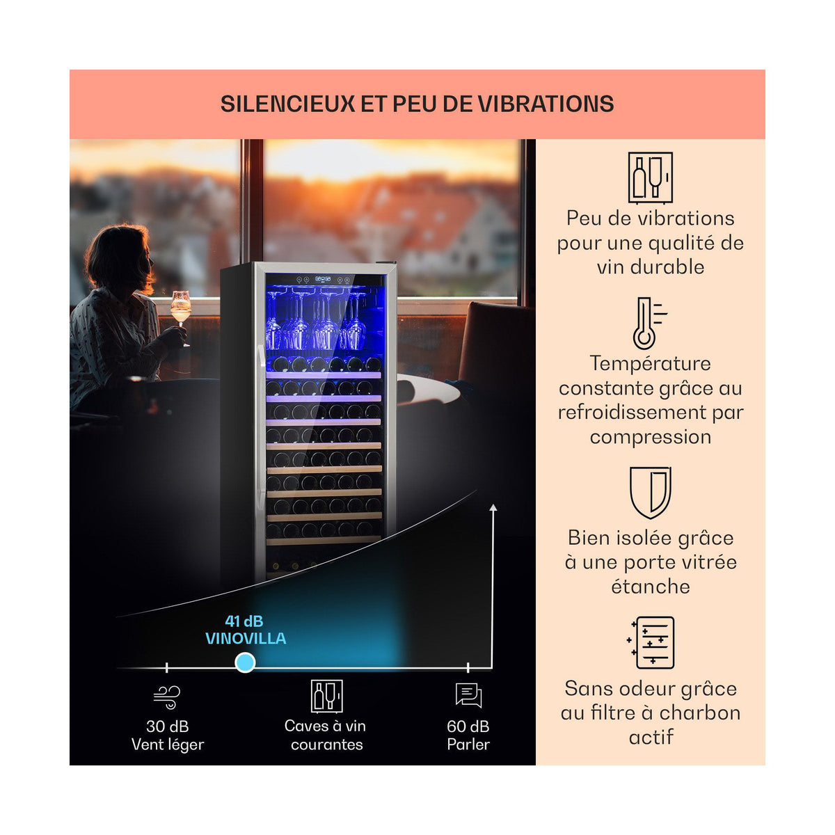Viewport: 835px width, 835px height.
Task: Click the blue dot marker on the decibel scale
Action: (x=245, y=662)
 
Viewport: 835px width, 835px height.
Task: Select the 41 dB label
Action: (x=244, y=621)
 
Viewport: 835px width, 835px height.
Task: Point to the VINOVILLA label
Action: (x=246, y=639)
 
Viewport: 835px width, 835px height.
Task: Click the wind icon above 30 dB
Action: (x=167, y=697)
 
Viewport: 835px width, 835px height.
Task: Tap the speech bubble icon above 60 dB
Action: (x=468, y=695)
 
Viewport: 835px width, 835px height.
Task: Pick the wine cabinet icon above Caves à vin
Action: (x=327, y=696)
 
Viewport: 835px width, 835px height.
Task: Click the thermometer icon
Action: (x=649, y=324)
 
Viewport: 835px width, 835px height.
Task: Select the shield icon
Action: (x=651, y=493)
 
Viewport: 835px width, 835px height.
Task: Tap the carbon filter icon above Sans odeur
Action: (x=651, y=643)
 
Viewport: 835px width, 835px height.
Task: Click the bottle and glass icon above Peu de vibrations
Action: (x=651, y=177)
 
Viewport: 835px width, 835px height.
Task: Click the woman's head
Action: (x=119, y=258)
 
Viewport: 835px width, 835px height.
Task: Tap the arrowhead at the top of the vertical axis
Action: (x=493, y=507)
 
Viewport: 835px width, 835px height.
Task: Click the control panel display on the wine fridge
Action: (x=323, y=279)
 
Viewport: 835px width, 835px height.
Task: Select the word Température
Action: (x=651, y=363)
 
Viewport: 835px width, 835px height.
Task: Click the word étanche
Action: (x=651, y=587)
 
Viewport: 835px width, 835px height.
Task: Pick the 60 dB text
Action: (x=468, y=726)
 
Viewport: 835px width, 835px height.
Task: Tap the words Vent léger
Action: (x=168, y=745)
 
